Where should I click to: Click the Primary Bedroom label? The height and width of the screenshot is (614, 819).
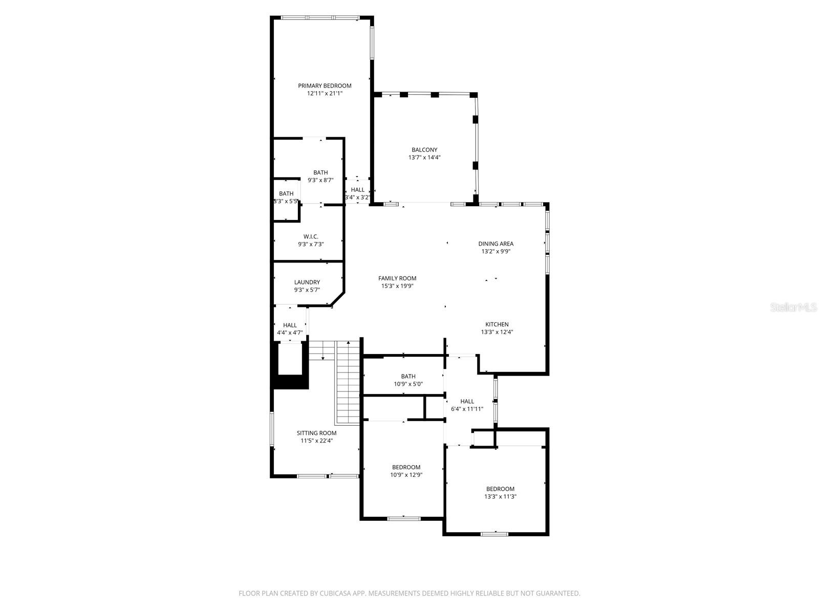325,85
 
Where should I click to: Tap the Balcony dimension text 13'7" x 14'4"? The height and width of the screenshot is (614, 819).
424,158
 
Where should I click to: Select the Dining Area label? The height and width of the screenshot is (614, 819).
495,244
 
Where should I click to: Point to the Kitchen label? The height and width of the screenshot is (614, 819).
497,324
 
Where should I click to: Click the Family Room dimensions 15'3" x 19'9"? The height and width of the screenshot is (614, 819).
397,286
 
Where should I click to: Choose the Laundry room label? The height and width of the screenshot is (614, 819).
307,282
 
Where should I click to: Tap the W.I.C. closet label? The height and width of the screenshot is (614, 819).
311,236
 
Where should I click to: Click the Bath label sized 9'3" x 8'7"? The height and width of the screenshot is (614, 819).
320,172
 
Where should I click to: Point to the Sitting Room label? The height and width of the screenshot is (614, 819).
316,433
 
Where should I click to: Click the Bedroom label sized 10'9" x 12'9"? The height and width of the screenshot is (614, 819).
406,467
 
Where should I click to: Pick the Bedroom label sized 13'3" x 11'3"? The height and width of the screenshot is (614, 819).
500,489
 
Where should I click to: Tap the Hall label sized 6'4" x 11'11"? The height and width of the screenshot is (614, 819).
467,401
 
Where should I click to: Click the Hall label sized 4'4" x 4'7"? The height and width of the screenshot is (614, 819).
290,325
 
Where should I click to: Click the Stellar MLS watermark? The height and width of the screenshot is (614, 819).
794,307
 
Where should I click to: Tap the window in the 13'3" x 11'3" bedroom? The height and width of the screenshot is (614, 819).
494,534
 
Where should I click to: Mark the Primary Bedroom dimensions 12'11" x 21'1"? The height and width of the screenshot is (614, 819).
325,94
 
